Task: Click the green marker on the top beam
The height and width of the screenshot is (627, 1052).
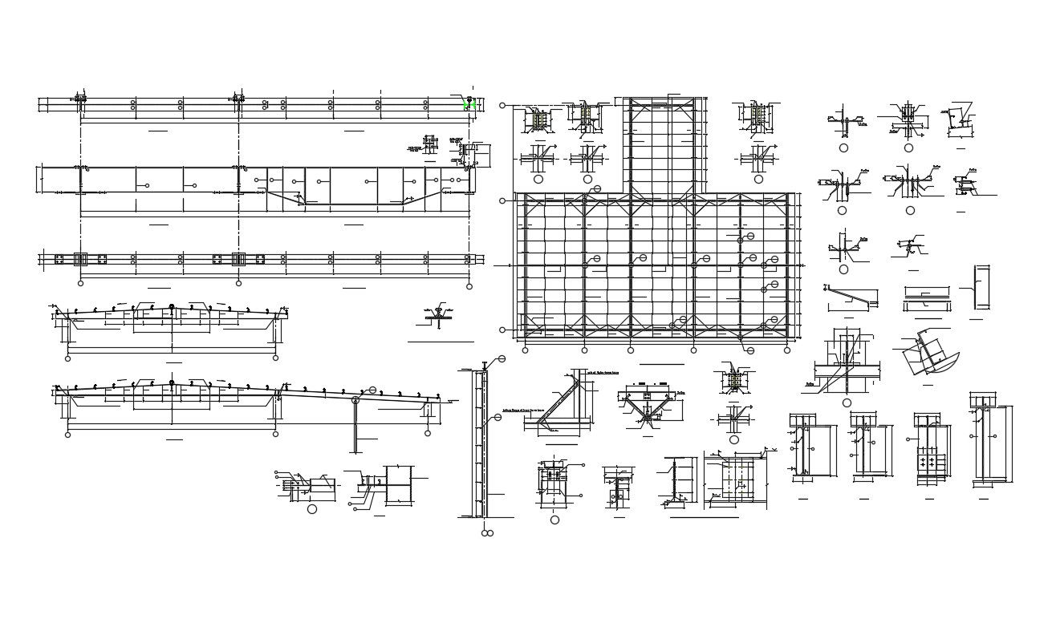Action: click(x=471, y=104)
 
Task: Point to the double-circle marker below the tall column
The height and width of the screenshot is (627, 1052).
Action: click(x=486, y=532)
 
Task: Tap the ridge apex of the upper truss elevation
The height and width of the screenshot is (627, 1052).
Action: click(x=172, y=309)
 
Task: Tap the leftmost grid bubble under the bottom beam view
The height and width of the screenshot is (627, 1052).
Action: click(x=80, y=283)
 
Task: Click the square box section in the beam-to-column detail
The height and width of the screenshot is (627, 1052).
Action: click(x=398, y=486)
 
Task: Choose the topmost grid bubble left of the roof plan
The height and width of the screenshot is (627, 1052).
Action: click(x=502, y=105)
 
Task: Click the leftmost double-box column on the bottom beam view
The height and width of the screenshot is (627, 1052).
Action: click(x=80, y=259)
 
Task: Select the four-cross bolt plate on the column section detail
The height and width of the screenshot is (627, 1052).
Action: click(x=930, y=460)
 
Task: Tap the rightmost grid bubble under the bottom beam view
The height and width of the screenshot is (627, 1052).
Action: click(x=469, y=283)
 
